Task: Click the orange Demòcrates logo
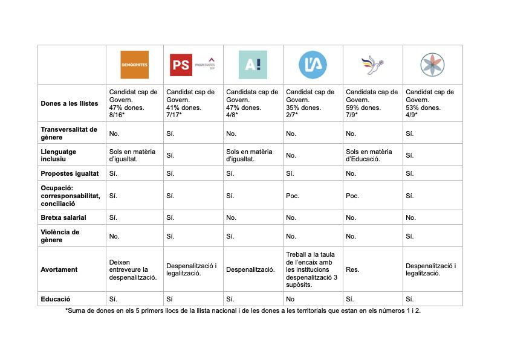(x=134, y=64)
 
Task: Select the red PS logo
(x=181, y=65)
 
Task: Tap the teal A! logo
(x=253, y=65)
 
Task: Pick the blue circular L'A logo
(x=313, y=64)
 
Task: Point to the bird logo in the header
(x=372, y=64)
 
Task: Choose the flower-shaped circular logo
(x=432, y=64)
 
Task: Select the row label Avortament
(x=59, y=269)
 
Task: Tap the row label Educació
(x=56, y=299)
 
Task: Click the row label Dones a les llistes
(x=70, y=103)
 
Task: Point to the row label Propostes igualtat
(x=70, y=173)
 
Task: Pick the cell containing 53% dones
(x=432, y=103)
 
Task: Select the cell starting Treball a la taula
(x=313, y=269)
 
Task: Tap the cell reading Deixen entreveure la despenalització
(x=134, y=269)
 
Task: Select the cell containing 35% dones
(x=312, y=103)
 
